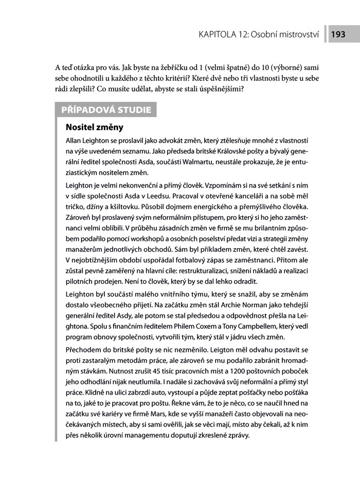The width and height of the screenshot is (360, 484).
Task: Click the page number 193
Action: point(338,35)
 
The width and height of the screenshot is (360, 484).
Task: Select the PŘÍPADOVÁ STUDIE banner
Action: point(106,109)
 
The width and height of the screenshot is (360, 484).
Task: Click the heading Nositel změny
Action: point(95,126)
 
